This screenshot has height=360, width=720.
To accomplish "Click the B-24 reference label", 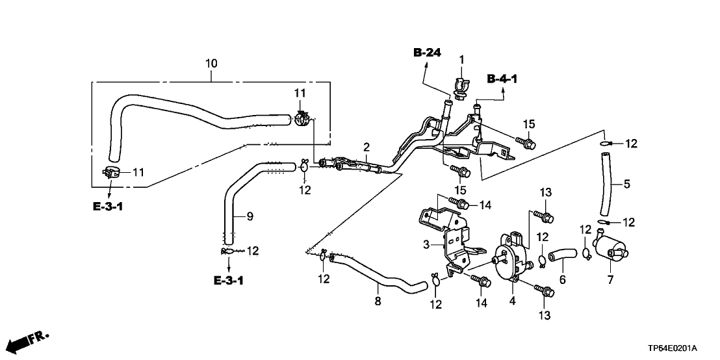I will [x=427, y=53].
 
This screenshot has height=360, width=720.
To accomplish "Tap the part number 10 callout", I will [x=211, y=64].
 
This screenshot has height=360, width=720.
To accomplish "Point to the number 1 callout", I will [x=462, y=60].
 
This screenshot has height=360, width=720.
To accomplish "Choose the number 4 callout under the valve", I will [x=512, y=301].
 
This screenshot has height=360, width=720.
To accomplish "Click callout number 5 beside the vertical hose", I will [x=626, y=184].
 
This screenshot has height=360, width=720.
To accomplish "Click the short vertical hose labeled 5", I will [x=605, y=183].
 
